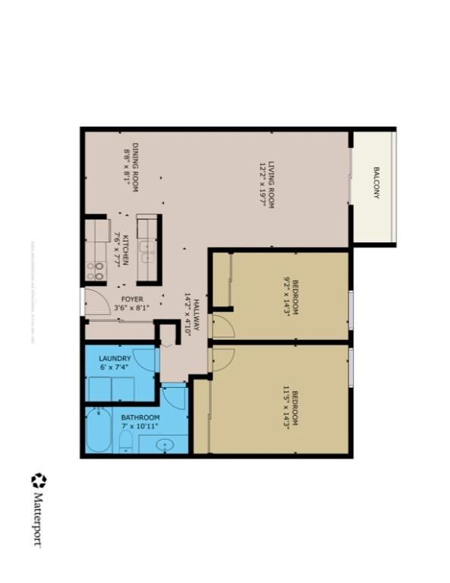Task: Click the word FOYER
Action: [132, 299]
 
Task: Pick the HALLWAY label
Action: [196, 314]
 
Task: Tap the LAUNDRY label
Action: [115, 358]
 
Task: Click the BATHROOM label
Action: [140, 418]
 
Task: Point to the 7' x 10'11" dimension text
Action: [140, 427]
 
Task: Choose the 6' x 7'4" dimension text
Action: [114, 367]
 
